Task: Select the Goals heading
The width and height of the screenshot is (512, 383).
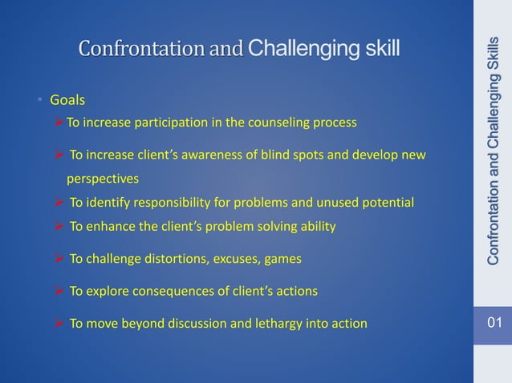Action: click(67, 101)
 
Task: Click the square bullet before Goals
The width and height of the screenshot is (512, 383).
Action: click(41, 101)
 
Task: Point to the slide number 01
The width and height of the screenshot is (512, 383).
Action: click(492, 324)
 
